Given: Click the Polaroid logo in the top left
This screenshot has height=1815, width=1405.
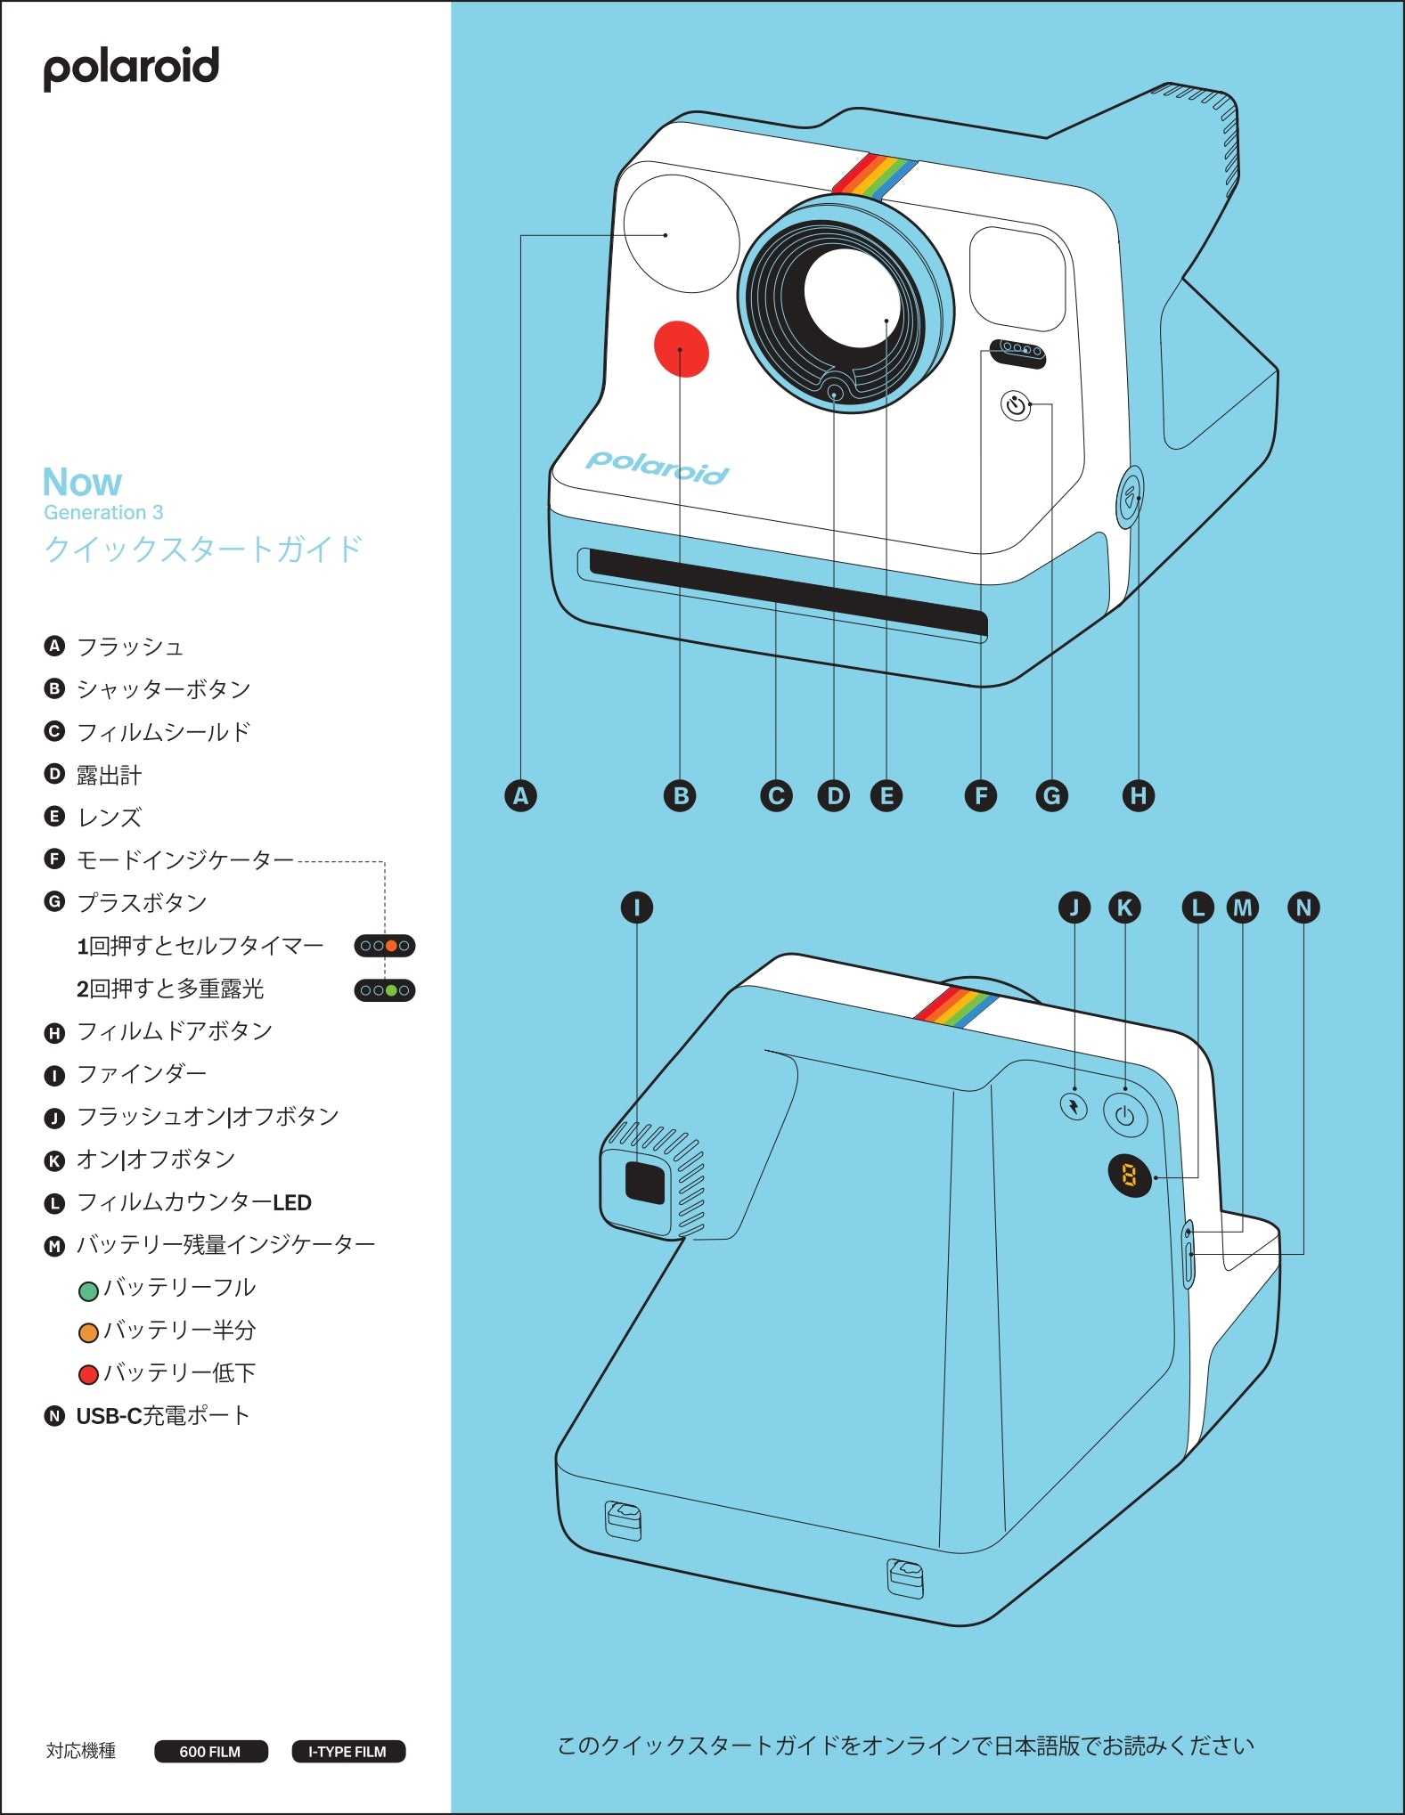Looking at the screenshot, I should click(x=131, y=68).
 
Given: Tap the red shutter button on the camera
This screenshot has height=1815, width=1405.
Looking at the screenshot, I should click(x=681, y=349).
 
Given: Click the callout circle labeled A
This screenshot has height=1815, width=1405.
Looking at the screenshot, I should click(x=520, y=795).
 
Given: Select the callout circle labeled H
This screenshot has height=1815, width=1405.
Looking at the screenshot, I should click(x=1138, y=795).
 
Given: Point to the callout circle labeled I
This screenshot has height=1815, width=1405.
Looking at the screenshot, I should click(x=636, y=907).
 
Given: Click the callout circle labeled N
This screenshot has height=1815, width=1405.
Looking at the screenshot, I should click(x=1303, y=907).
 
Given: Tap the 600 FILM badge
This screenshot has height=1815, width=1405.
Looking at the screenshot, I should click(x=210, y=1751).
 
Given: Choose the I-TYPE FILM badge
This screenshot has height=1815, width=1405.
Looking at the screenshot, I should click(x=348, y=1751).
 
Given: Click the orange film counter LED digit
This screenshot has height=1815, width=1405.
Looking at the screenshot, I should click(x=1129, y=1176).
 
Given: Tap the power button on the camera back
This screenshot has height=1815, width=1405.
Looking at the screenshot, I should click(x=1124, y=1116).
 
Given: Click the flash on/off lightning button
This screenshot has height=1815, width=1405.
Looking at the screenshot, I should click(x=1074, y=1107).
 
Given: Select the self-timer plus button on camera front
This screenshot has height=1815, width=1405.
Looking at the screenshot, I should click(x=1016, y=406).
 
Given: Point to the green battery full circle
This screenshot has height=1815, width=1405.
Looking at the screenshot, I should click(x=88, y=1290).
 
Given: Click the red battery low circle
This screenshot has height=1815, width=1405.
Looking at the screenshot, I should click(x=88, y=1375).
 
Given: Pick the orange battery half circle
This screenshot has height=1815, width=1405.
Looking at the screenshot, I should click(x=88, y=1333).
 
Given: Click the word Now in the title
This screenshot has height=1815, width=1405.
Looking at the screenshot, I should click(x=82, y=482).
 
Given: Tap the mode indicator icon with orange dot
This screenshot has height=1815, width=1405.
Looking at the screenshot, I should click(x=385, y=946).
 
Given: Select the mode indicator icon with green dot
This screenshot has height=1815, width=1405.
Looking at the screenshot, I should click(x=385, y=990).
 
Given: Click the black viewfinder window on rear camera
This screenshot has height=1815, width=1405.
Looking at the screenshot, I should click(x=645, y=1183).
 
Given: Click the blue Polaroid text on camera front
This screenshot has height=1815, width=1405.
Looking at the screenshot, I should click(x=658, y=466).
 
